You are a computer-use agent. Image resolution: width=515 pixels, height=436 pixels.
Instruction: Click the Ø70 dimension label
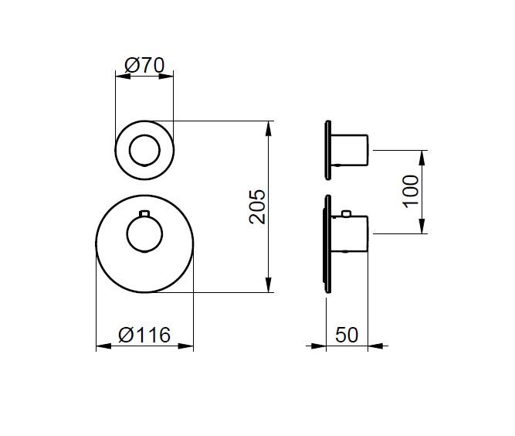point(144,65)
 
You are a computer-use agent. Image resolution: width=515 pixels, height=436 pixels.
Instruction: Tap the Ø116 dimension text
point(144,335)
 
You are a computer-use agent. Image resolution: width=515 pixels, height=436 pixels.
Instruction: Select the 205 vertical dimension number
point(257,206)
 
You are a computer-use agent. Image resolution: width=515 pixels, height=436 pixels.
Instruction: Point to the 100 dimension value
point(411,192)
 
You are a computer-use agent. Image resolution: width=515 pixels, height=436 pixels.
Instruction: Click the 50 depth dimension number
point(347,335)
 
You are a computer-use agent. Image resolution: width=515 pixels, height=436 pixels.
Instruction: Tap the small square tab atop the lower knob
point(144,213)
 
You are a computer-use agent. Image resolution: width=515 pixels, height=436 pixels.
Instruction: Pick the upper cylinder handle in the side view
point(350,150)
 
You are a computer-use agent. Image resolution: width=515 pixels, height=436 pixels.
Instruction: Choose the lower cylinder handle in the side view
point(350,233)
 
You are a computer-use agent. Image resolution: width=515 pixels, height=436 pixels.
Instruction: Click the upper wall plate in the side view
point(328,150)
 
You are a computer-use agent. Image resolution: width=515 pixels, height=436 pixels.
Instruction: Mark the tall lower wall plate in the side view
point(327,244)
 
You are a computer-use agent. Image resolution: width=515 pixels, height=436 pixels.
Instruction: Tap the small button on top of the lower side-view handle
point(346,213)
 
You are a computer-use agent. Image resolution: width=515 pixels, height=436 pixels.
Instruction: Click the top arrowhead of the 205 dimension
point(269,128)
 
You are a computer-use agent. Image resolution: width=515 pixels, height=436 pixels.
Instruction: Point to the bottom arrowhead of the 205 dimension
point(269,284)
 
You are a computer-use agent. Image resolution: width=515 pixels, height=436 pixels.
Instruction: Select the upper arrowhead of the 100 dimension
point(422,158)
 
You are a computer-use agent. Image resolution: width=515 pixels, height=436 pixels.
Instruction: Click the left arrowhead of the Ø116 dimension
point(103,346)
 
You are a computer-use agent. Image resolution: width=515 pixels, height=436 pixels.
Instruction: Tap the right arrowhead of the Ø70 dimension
point(166,77)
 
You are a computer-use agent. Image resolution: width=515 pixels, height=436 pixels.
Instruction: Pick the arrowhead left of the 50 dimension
point(318,346)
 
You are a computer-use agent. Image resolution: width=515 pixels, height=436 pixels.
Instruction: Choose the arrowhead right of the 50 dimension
point(375,346)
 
